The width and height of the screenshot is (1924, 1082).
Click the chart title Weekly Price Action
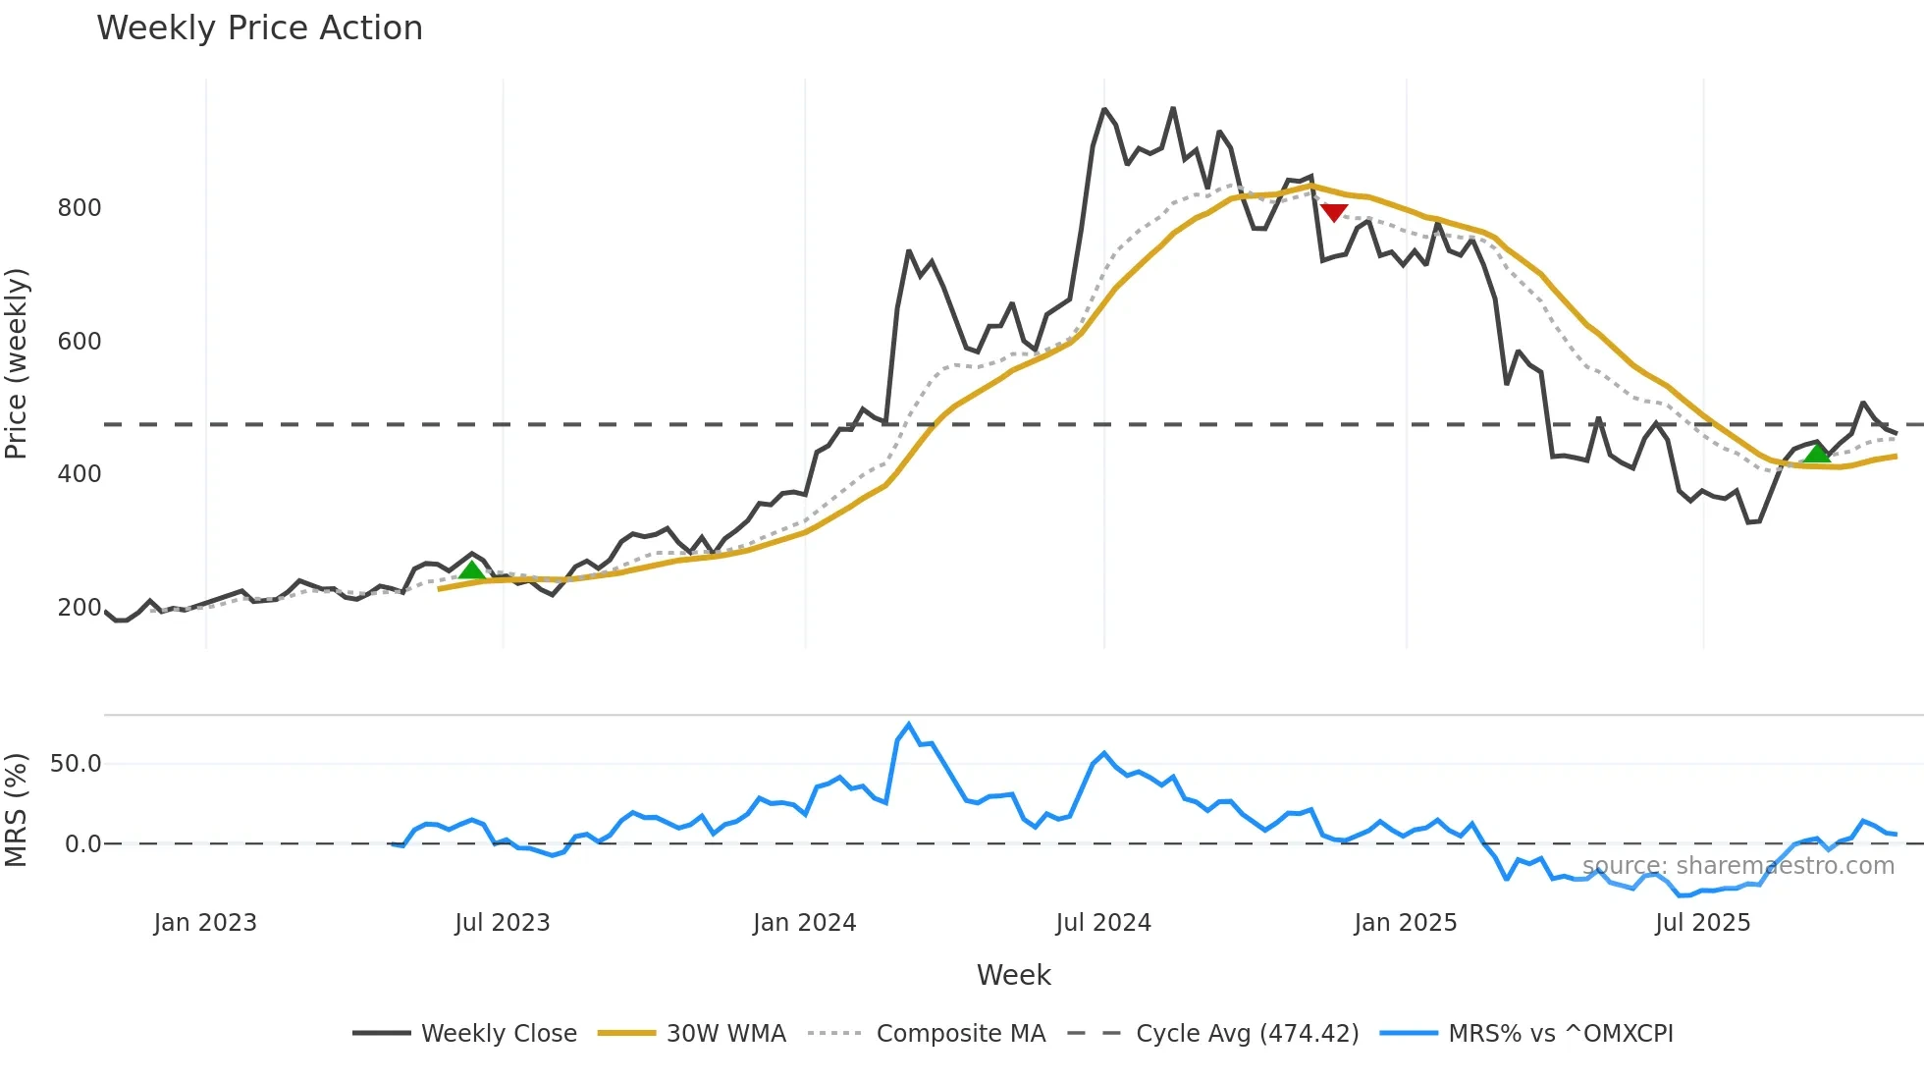(259, 28)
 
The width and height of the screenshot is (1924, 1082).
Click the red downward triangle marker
(1333, 212)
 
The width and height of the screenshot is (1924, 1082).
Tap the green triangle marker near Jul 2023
(471, 570)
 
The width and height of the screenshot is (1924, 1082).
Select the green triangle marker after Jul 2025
(1817, 453)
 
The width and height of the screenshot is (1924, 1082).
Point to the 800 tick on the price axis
(80, 208)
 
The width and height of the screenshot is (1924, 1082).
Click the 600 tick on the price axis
(80, 342)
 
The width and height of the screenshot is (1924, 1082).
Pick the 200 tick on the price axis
(80, 608)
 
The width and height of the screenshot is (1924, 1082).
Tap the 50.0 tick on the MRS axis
(76, 764)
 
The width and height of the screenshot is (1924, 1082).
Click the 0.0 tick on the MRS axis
(82, 844)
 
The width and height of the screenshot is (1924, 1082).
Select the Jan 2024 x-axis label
(804, 923)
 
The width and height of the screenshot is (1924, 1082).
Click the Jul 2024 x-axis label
(1103, 923)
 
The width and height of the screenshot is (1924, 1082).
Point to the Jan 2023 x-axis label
(205, 923)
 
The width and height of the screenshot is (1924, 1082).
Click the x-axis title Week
(1013, 975)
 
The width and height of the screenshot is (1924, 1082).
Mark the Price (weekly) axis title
(17, 363)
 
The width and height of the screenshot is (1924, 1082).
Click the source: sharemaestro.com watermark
(1737, 866)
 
